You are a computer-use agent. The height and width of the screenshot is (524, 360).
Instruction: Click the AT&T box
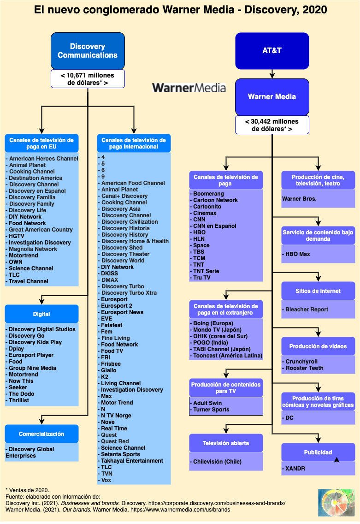tap(272, 51)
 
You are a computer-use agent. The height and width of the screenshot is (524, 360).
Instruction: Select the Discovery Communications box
tap(88, 51)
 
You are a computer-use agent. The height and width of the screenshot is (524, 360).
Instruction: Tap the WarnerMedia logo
tap(189, 88)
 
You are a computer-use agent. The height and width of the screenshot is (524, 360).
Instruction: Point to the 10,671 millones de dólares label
tap(88, 79)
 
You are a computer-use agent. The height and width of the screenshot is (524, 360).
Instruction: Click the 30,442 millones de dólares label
tap(272, 125)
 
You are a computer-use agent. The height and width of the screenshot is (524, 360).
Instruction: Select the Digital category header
tap(41, 314)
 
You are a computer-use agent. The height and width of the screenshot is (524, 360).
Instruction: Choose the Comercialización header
tap(41, 434)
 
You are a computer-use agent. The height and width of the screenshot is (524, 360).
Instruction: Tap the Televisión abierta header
tap(226, 443)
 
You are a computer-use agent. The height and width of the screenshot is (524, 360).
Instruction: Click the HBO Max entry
tap(298, 254)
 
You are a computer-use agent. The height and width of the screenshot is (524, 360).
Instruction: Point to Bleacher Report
tap(307, 310)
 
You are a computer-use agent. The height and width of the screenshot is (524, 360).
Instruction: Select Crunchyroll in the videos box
tap(301, 362)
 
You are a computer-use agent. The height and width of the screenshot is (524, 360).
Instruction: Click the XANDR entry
tap(295, 469)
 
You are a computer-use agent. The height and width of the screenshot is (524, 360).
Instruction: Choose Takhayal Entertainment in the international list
tap(132, 461)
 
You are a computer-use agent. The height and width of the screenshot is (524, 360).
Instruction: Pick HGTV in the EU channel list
tap(17, 236)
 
